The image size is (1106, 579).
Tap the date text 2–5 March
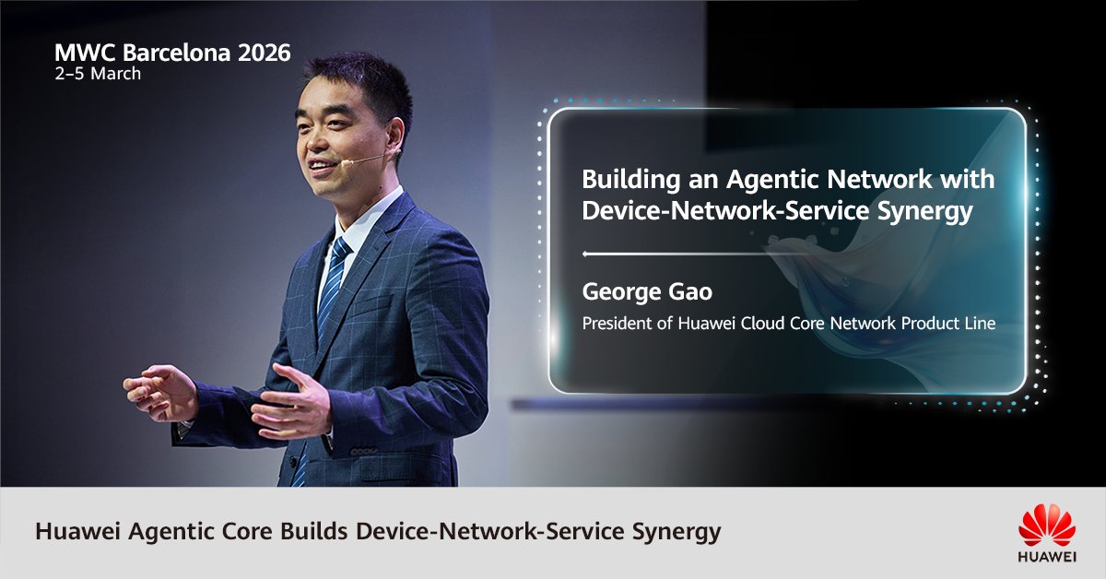[98, 74]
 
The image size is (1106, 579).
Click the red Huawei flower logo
[1047, 526]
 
